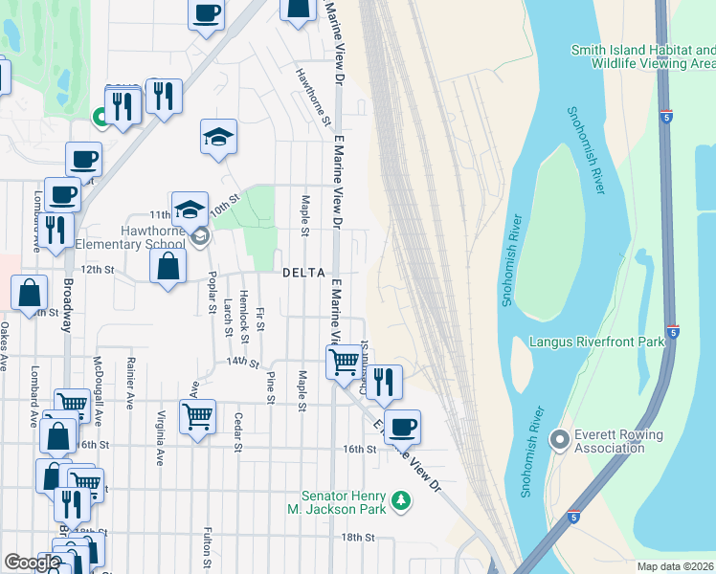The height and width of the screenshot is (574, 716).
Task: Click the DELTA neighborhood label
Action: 304,273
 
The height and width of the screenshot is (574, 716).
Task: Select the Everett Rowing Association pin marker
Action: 560,440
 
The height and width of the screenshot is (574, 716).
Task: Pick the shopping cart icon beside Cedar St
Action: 197,416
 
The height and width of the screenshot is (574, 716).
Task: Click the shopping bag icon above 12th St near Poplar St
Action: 168,265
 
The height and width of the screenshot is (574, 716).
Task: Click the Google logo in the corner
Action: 33,563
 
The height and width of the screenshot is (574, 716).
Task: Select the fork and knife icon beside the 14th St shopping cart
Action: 384,382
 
